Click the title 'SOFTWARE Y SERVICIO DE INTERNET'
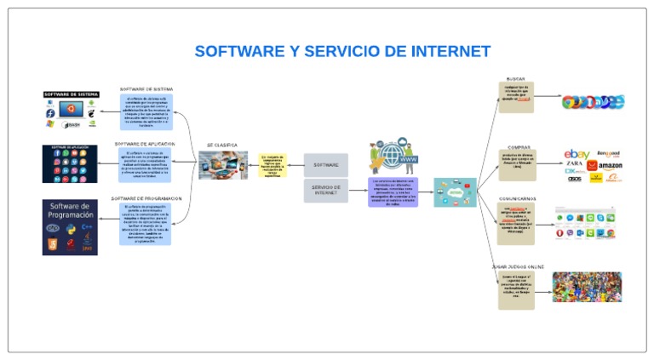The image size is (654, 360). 342,51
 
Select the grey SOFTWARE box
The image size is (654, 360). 325,165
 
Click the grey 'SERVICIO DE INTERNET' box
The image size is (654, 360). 325,190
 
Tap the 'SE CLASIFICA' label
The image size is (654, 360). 222,146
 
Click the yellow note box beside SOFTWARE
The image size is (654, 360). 272,164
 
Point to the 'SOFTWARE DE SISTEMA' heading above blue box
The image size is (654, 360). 147,89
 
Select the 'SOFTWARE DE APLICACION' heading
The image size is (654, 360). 146,144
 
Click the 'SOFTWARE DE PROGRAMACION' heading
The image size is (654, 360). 146,198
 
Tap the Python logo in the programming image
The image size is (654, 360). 70,230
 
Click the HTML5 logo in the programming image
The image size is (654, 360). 53,244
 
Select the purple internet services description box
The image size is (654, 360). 393,192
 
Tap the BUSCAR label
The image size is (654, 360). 516,78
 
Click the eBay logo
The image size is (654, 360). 577,154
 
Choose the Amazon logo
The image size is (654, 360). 610,165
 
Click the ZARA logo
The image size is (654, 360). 575,163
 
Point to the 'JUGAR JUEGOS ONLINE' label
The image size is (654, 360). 517,266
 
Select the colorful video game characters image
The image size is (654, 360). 587,287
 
